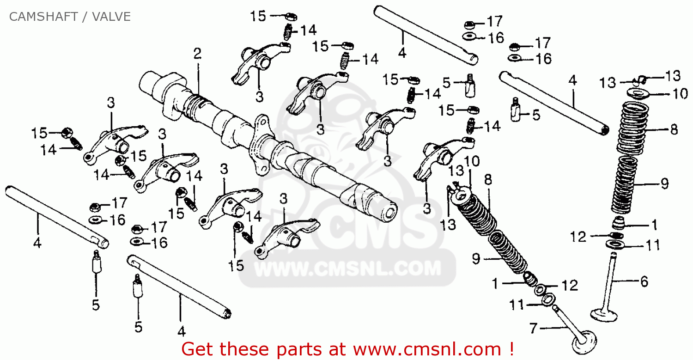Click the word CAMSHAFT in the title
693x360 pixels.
pyautogui.click(x=43, y=17)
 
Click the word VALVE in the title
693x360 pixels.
pyautogui.click(x=111, y=17)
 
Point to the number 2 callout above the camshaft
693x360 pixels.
pyautogui.click(x=197, y=54)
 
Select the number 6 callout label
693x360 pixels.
pyautogui.click(x=644, y=281)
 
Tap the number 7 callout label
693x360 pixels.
pyautogui.click(x=533, y=328)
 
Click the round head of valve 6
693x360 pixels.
pyautogui.click(x=604, y=315)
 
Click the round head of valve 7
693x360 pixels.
pyautogui.click(x=584, y=342)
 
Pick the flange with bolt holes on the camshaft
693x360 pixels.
pyautogui.click(x=262, y=144)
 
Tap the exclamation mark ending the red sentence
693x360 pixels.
pyautogui.click(x=512, y=349)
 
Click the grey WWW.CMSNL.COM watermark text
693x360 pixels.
pyautogui.click(x=347, y=268)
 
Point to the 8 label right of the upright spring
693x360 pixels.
pyautogui.click(x=675, y=129)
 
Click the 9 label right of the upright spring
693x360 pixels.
pyautogui.click(x=664, y=183)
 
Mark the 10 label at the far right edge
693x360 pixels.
pyautogui.click(x=680, y=93)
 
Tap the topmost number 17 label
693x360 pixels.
pyautogui.click(x=494, y=21)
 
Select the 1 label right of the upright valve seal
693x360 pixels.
pyautogui.click(x=654, y=225)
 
